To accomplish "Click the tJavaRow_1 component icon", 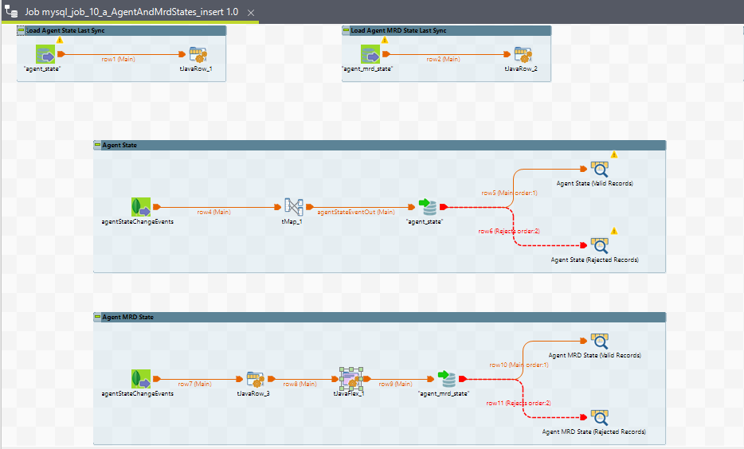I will pyautogui.click(x=198, y=55).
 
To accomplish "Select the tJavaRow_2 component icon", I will pyautogui.click(x=523, y=55).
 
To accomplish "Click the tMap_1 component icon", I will pyautogui.click(x=294, y=207).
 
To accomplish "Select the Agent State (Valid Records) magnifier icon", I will pyautogui.click(x=599, y=169).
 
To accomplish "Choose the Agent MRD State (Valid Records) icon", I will pyautogui.click(x=599, y=341).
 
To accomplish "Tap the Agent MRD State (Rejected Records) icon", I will pyautogui.click(x=599, y=417).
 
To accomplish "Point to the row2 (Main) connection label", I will pyautogui.click(x=444, y=59).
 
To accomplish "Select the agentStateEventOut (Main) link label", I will pyautogui.click(x=355, y=212).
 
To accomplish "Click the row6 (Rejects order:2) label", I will pyautogui.click(x=508, y=231).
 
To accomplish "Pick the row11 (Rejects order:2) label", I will pyautogui.click(x=519, y=403).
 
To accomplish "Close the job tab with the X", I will pyautogui.click(x=251, y=14).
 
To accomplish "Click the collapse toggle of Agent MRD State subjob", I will pyautogui.click(x=97, y=317).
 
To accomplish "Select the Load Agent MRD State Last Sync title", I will pyautogui.click(x=399, y=30).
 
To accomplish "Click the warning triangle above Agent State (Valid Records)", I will pyautogui.click(x=614, y=154).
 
